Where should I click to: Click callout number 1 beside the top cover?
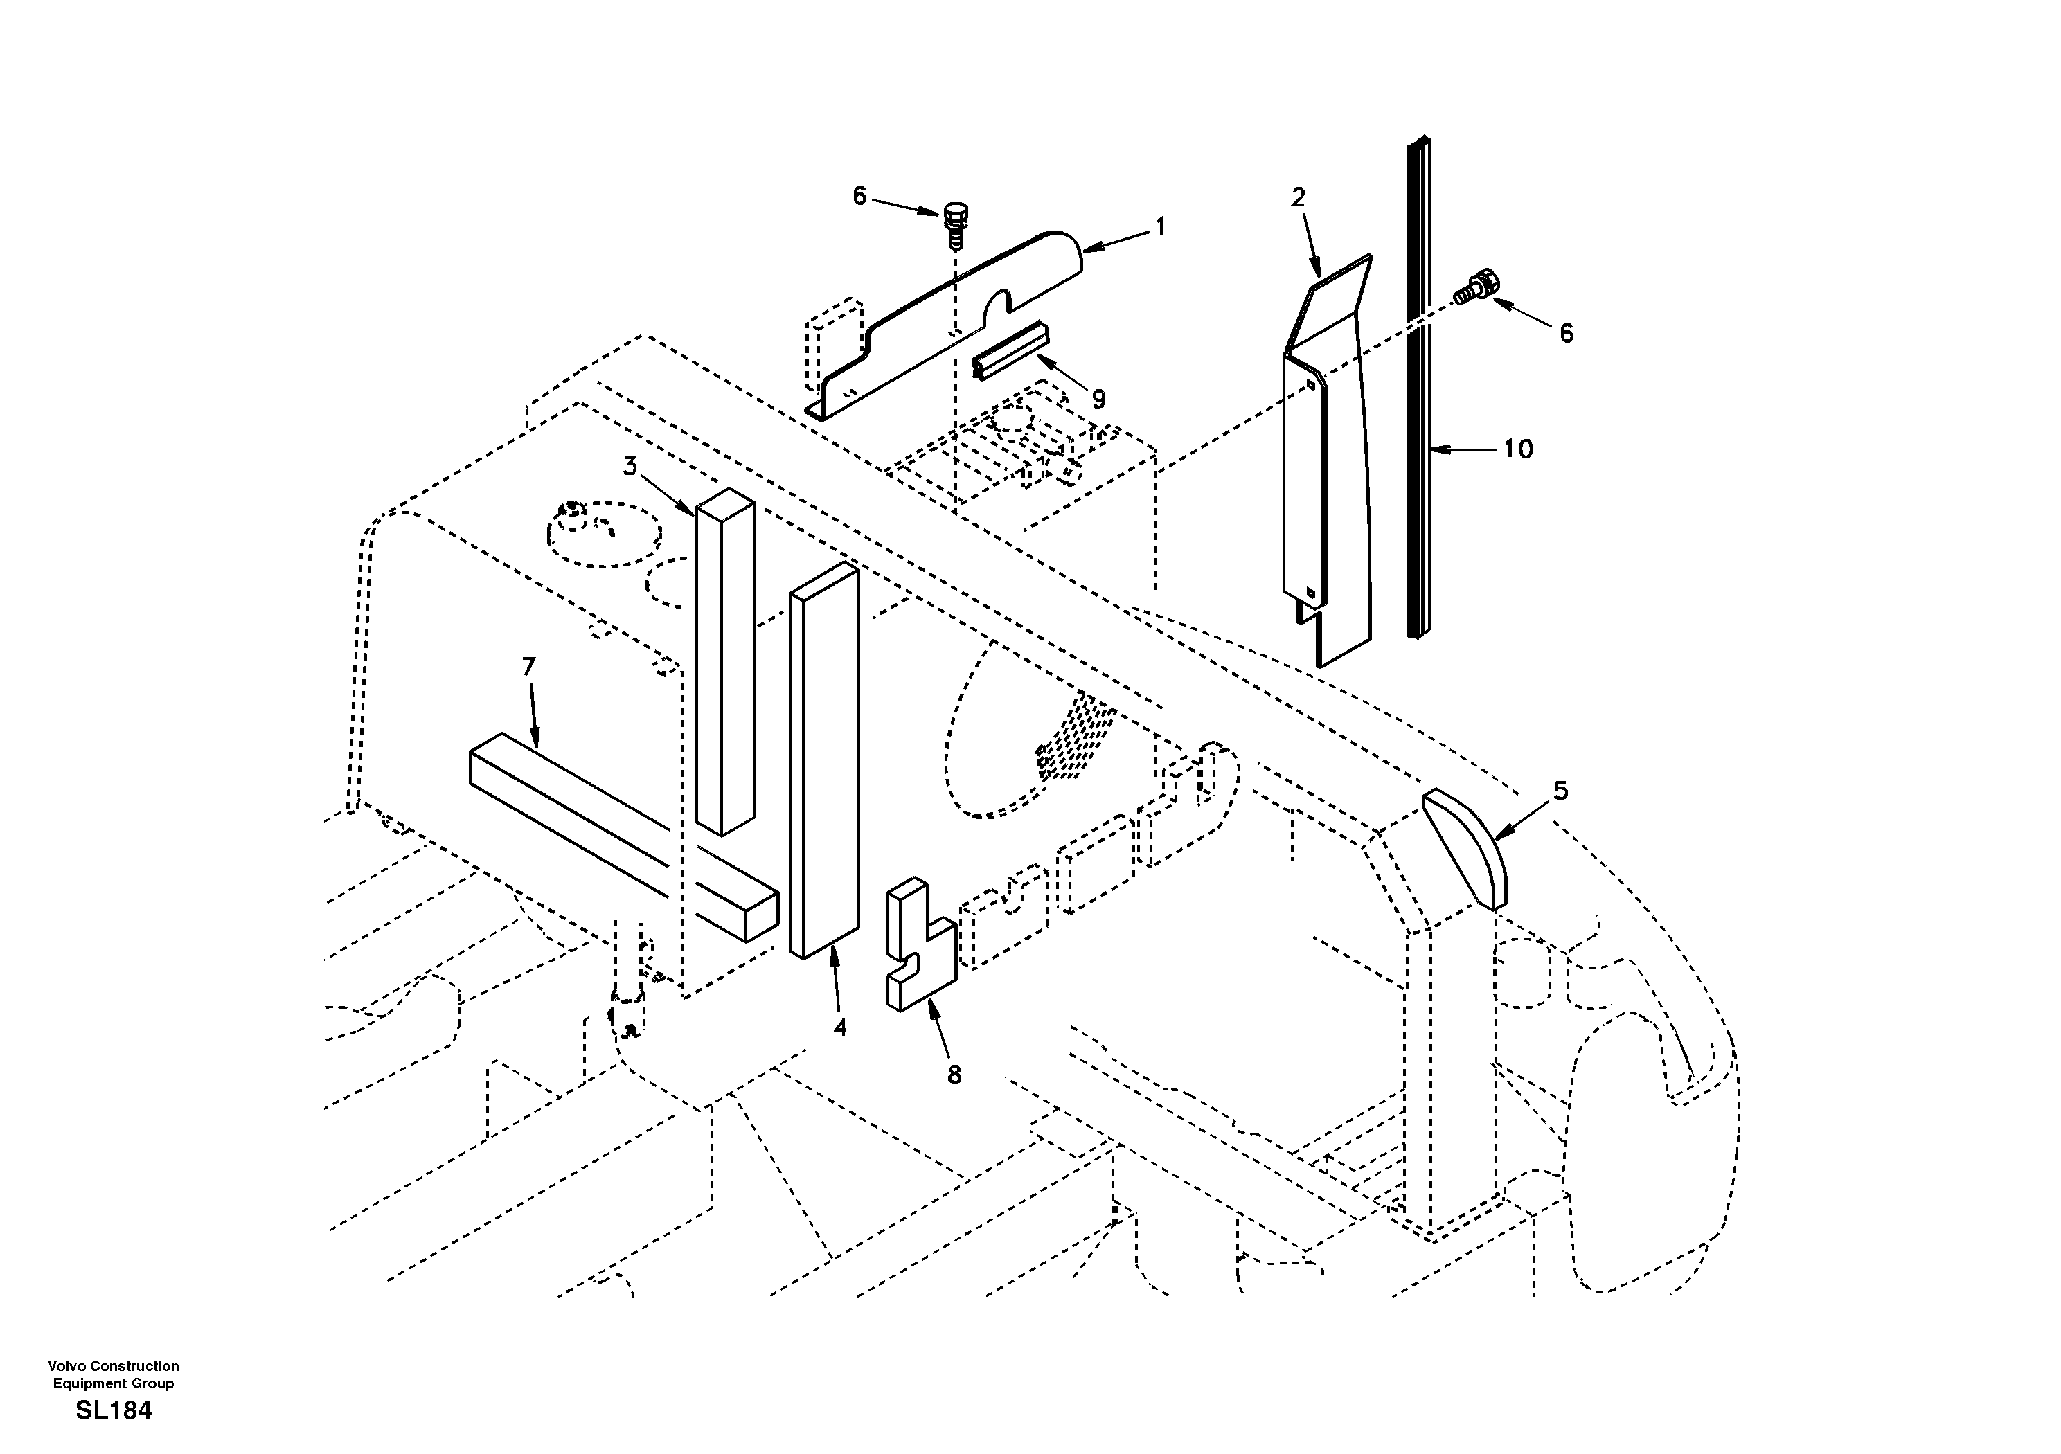coord(1160,228)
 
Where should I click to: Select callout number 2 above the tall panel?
coord(1297,197)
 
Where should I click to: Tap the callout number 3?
coord(630,466)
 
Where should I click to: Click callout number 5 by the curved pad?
coord(1560,791)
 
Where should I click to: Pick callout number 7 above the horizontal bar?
coord(528,667)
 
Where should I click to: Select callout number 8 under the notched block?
coord(954,1075)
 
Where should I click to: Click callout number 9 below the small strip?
coord(1098,400)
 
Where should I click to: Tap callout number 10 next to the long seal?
coord(1518,449)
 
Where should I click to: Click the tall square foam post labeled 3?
coord(725,664)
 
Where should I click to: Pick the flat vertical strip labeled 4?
coord(824,763)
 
